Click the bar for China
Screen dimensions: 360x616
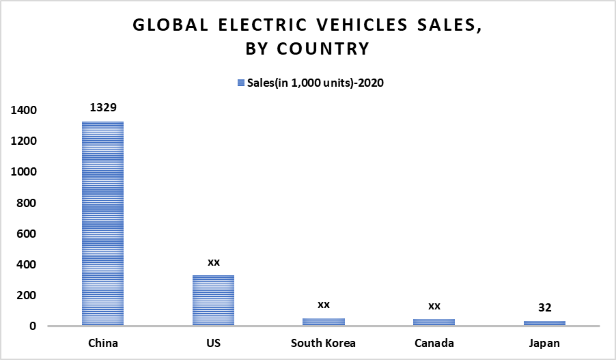point(102,223)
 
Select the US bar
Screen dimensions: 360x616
point(213,301)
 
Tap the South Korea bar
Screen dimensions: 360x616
point(324,322)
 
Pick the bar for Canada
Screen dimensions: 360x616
point(434,322)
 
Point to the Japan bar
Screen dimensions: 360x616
point(544,323)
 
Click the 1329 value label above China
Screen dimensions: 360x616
point(102,107)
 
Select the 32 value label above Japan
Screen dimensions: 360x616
point(544,307)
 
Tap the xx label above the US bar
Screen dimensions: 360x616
point(213,262)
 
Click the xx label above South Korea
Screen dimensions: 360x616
point(324,304)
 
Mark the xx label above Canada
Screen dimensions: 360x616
point(434,305)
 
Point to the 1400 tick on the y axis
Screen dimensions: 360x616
point(23,110)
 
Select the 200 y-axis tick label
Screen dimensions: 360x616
point(27,295)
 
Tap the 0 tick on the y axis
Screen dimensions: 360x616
point(33,327)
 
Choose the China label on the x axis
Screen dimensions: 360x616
point(102,343)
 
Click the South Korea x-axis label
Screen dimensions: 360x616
point(324,343)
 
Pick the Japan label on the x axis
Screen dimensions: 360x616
point(544,343)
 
